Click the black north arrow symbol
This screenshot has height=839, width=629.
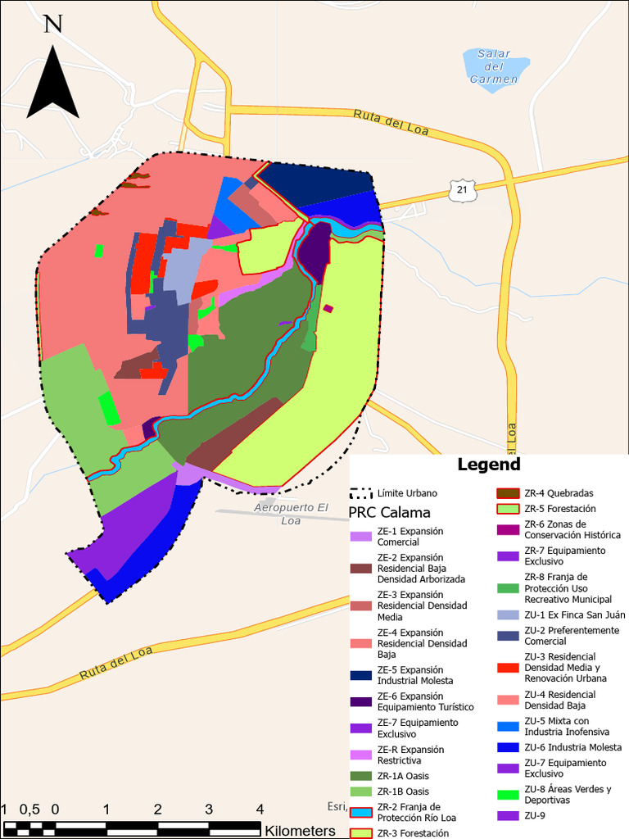click(x=52, y=86)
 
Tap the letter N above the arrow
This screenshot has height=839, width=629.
click(x=53, y=24)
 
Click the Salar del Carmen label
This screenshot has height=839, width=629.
click(x=494, y=66)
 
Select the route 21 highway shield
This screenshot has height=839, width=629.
click(x=463, y=190)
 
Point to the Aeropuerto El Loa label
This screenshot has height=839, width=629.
click(x=291, y=514)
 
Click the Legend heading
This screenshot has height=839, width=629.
click(x=488, y=465)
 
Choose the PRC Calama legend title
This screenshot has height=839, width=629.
click(x=389, y=513)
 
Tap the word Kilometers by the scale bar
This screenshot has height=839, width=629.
click(x=300, y=831)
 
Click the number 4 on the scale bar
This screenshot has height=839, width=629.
click(x=260, y=810)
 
